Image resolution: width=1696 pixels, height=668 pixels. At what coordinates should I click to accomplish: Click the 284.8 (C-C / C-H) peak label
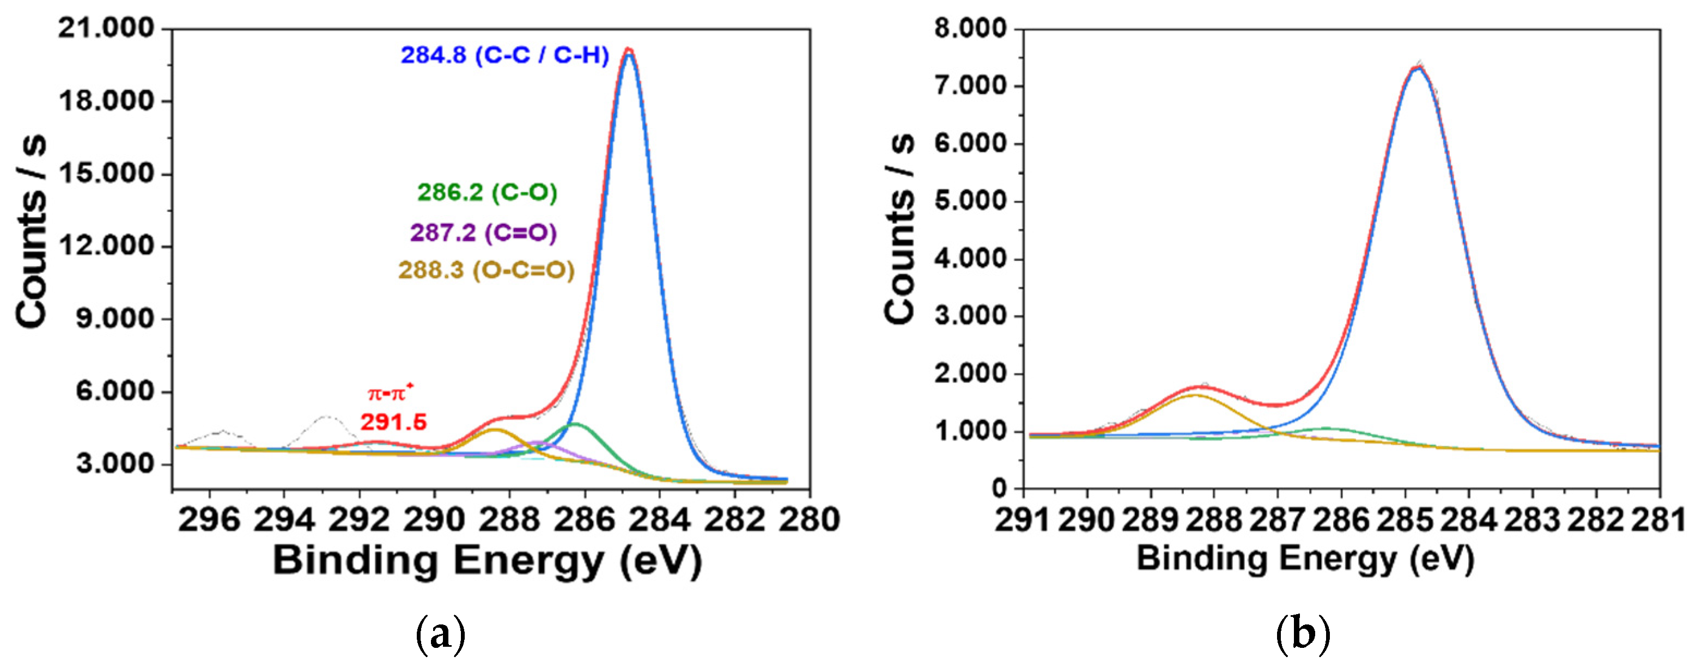click(505, 56)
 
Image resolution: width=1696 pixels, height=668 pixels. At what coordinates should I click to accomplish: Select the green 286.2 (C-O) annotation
click(487, 193)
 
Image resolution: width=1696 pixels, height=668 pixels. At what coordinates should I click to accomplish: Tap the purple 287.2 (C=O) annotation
click(483, 233)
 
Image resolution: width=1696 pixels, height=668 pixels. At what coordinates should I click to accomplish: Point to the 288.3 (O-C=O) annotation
click(486, 271)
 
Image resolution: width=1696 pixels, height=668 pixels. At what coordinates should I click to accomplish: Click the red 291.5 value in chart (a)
click(393, 422)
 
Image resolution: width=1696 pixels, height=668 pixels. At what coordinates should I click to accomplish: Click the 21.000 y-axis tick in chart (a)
click(105, 29)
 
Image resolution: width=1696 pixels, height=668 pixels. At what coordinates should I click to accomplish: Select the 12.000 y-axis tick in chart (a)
click(105, 246)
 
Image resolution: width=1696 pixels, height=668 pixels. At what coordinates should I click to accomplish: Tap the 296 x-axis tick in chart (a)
click(209, 520)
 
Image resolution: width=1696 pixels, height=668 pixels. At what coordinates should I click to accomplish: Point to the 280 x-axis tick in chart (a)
click(809, 520)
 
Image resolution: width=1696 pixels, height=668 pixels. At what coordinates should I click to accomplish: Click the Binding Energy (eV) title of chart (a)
click(487, 561)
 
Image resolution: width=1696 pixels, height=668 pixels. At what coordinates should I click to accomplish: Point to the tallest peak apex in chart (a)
click(629, 50)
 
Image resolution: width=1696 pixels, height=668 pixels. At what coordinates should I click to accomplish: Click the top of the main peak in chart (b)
click(1418, 66)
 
